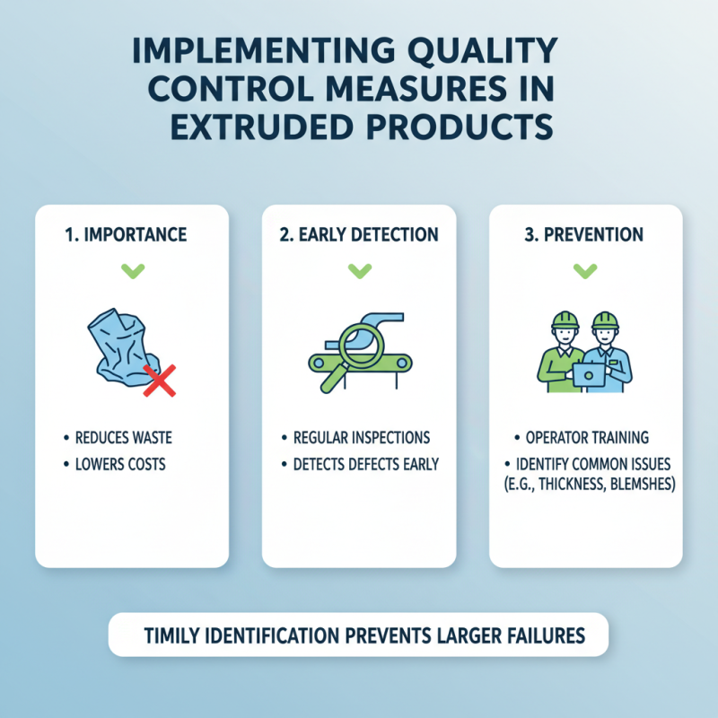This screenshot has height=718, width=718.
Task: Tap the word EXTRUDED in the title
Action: (x=273, y=126)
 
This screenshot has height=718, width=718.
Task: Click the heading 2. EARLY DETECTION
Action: (x=359, y=235)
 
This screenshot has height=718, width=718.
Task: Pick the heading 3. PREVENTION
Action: (x=585, y=235)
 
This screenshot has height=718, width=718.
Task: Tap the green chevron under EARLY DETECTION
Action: (x=359, y=269)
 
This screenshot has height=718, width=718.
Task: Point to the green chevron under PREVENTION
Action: (x=585, y=269)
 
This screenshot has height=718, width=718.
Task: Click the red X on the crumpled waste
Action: (x=159, y=381)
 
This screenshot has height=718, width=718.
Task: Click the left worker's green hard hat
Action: (x=565, y=321)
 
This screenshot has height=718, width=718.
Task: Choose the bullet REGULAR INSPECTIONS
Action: (x=362, y=438)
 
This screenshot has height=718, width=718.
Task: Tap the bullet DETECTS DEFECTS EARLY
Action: (x=366, y=465)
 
